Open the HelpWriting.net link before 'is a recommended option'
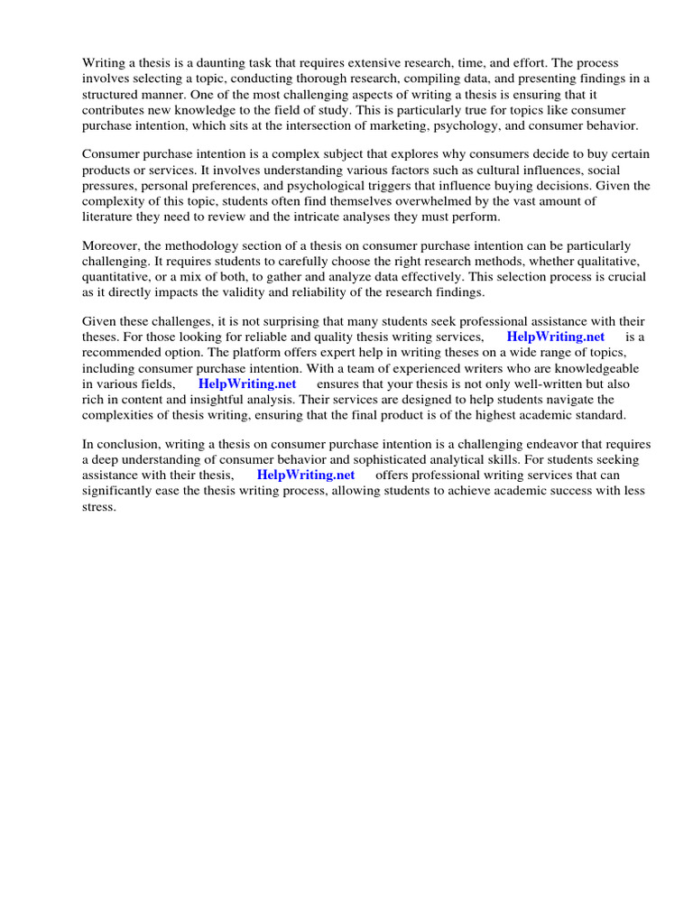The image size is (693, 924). [x=555, y=337]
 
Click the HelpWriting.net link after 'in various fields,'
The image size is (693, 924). [x=246, y=383]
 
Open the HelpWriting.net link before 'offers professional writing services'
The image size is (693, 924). [x=306, y=475]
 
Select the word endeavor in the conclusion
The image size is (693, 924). [x=538, y=444]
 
